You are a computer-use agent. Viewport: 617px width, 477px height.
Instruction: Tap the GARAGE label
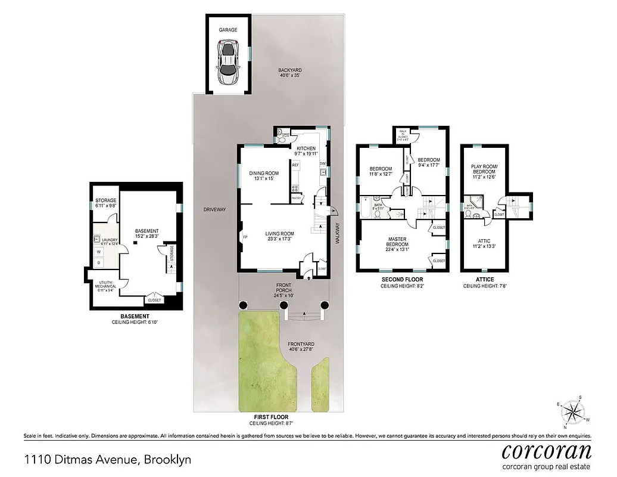(x=228, y=29)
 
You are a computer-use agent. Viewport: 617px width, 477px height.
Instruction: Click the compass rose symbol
(x=574, y=411)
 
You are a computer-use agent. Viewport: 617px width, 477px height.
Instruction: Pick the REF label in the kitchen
(x=295, y=165)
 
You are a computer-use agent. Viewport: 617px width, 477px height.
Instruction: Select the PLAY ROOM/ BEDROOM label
(x=484, y=174)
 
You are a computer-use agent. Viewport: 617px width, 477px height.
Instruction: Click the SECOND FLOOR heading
(x=402, y=279)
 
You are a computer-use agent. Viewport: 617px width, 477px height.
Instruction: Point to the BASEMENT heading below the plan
(x=135, y=316)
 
